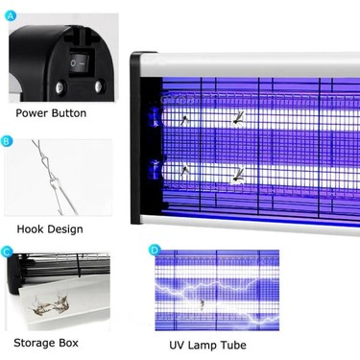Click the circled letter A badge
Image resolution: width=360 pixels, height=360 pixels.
click(x=12, y=15)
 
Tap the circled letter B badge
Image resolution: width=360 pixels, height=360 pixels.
click(x=7, y=141)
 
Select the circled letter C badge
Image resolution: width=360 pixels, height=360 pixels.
click(x=7, y=252)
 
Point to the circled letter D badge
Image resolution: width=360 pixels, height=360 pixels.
click(x=155, y=250)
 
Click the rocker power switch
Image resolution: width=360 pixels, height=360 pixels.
click(x=79, y=62)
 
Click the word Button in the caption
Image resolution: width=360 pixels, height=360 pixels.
click(x=69, y=113)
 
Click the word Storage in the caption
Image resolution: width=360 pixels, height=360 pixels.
click(x=34, y=343)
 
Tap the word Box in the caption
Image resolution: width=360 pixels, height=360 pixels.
click(x=68, y=343)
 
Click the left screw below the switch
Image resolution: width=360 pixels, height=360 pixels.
click(x=60, y=87)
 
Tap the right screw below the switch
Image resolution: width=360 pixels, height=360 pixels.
click(x=100, y=86)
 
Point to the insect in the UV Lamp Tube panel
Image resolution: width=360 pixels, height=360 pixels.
click(x=202, y=304)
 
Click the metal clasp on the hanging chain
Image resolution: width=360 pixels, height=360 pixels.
click(x=54, y=185)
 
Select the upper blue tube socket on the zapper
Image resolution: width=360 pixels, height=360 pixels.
click(x=155, y=117)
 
